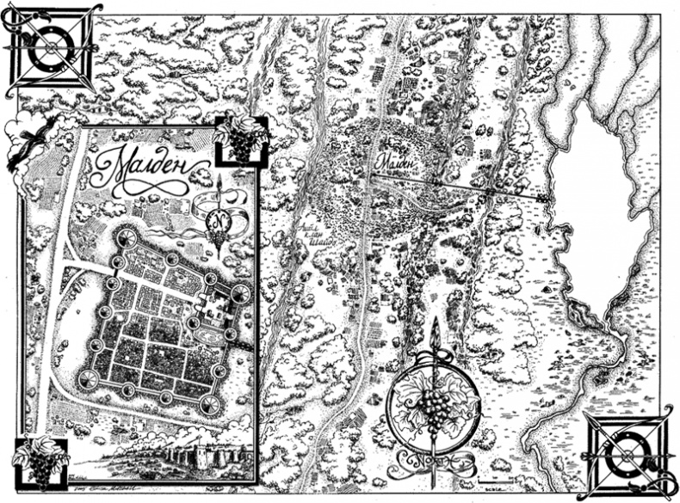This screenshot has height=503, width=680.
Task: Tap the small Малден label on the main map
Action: pos(393,159)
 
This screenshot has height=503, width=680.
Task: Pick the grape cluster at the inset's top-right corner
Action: pos(239,138)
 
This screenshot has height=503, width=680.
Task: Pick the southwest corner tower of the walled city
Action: pos(88,378)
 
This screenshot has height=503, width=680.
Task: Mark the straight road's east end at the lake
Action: pos(544,199)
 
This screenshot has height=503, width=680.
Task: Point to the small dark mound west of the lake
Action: pos(546,290)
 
